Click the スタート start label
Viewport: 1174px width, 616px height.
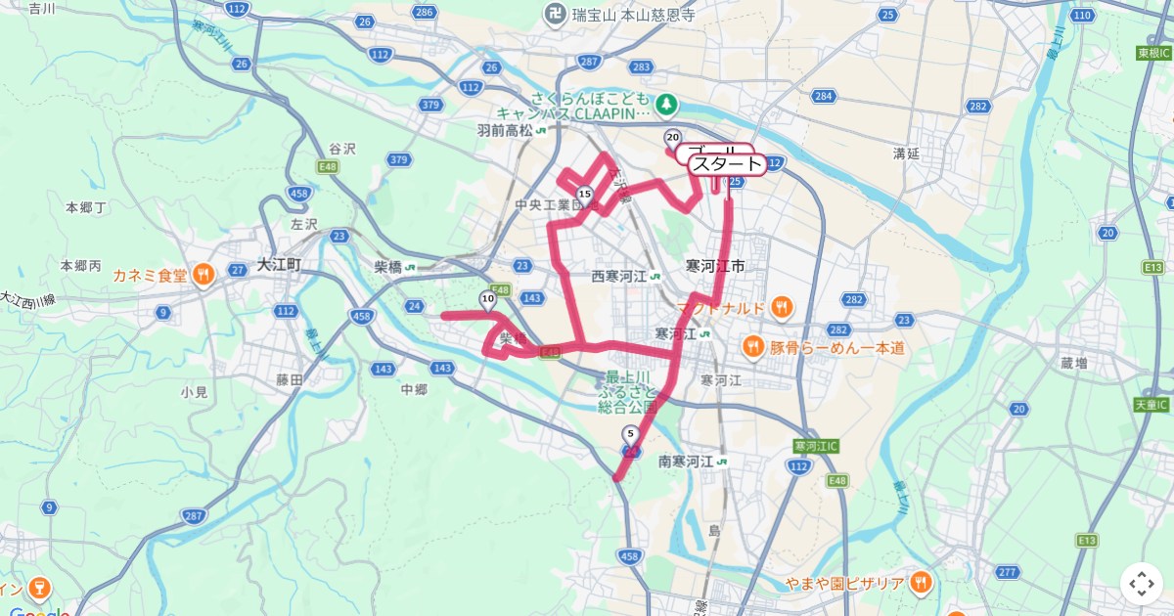pyautogui.click(x=727, y=163)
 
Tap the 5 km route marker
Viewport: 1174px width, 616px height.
pyautogui.click(x=630, y=433)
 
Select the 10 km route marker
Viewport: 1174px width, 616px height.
pyautogui.click(x=487, y=298)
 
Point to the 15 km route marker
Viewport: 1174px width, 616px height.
pyautogui.click(x=584, y=194)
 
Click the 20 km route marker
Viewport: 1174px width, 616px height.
pyautogui.click(x=672, y=137)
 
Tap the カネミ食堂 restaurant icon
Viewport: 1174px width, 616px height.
pyautogui.click(x=203, y=274)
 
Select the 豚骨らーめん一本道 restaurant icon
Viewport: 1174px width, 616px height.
pyautogui.click(x=751, y=346)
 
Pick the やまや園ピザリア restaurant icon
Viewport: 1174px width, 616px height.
pyautogui.click(x=921, y=584)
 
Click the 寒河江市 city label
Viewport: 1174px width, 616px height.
pyautogui.click(x=716, y=266)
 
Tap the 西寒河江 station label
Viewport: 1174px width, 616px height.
pyautogui.click(x=619, y=276)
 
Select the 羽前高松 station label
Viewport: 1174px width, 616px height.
pyautogui.click(x=505, y=129)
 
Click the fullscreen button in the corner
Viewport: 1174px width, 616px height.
pyautogui.click(x=1142, y=584)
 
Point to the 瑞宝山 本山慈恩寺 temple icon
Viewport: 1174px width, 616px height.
pyautogui.click(x=555, y=14)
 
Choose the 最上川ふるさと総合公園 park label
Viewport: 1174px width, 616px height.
pyautogui.click(x=627, y=390)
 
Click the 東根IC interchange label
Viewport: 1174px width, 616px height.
pyautogui.click(x=1153, y=52)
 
